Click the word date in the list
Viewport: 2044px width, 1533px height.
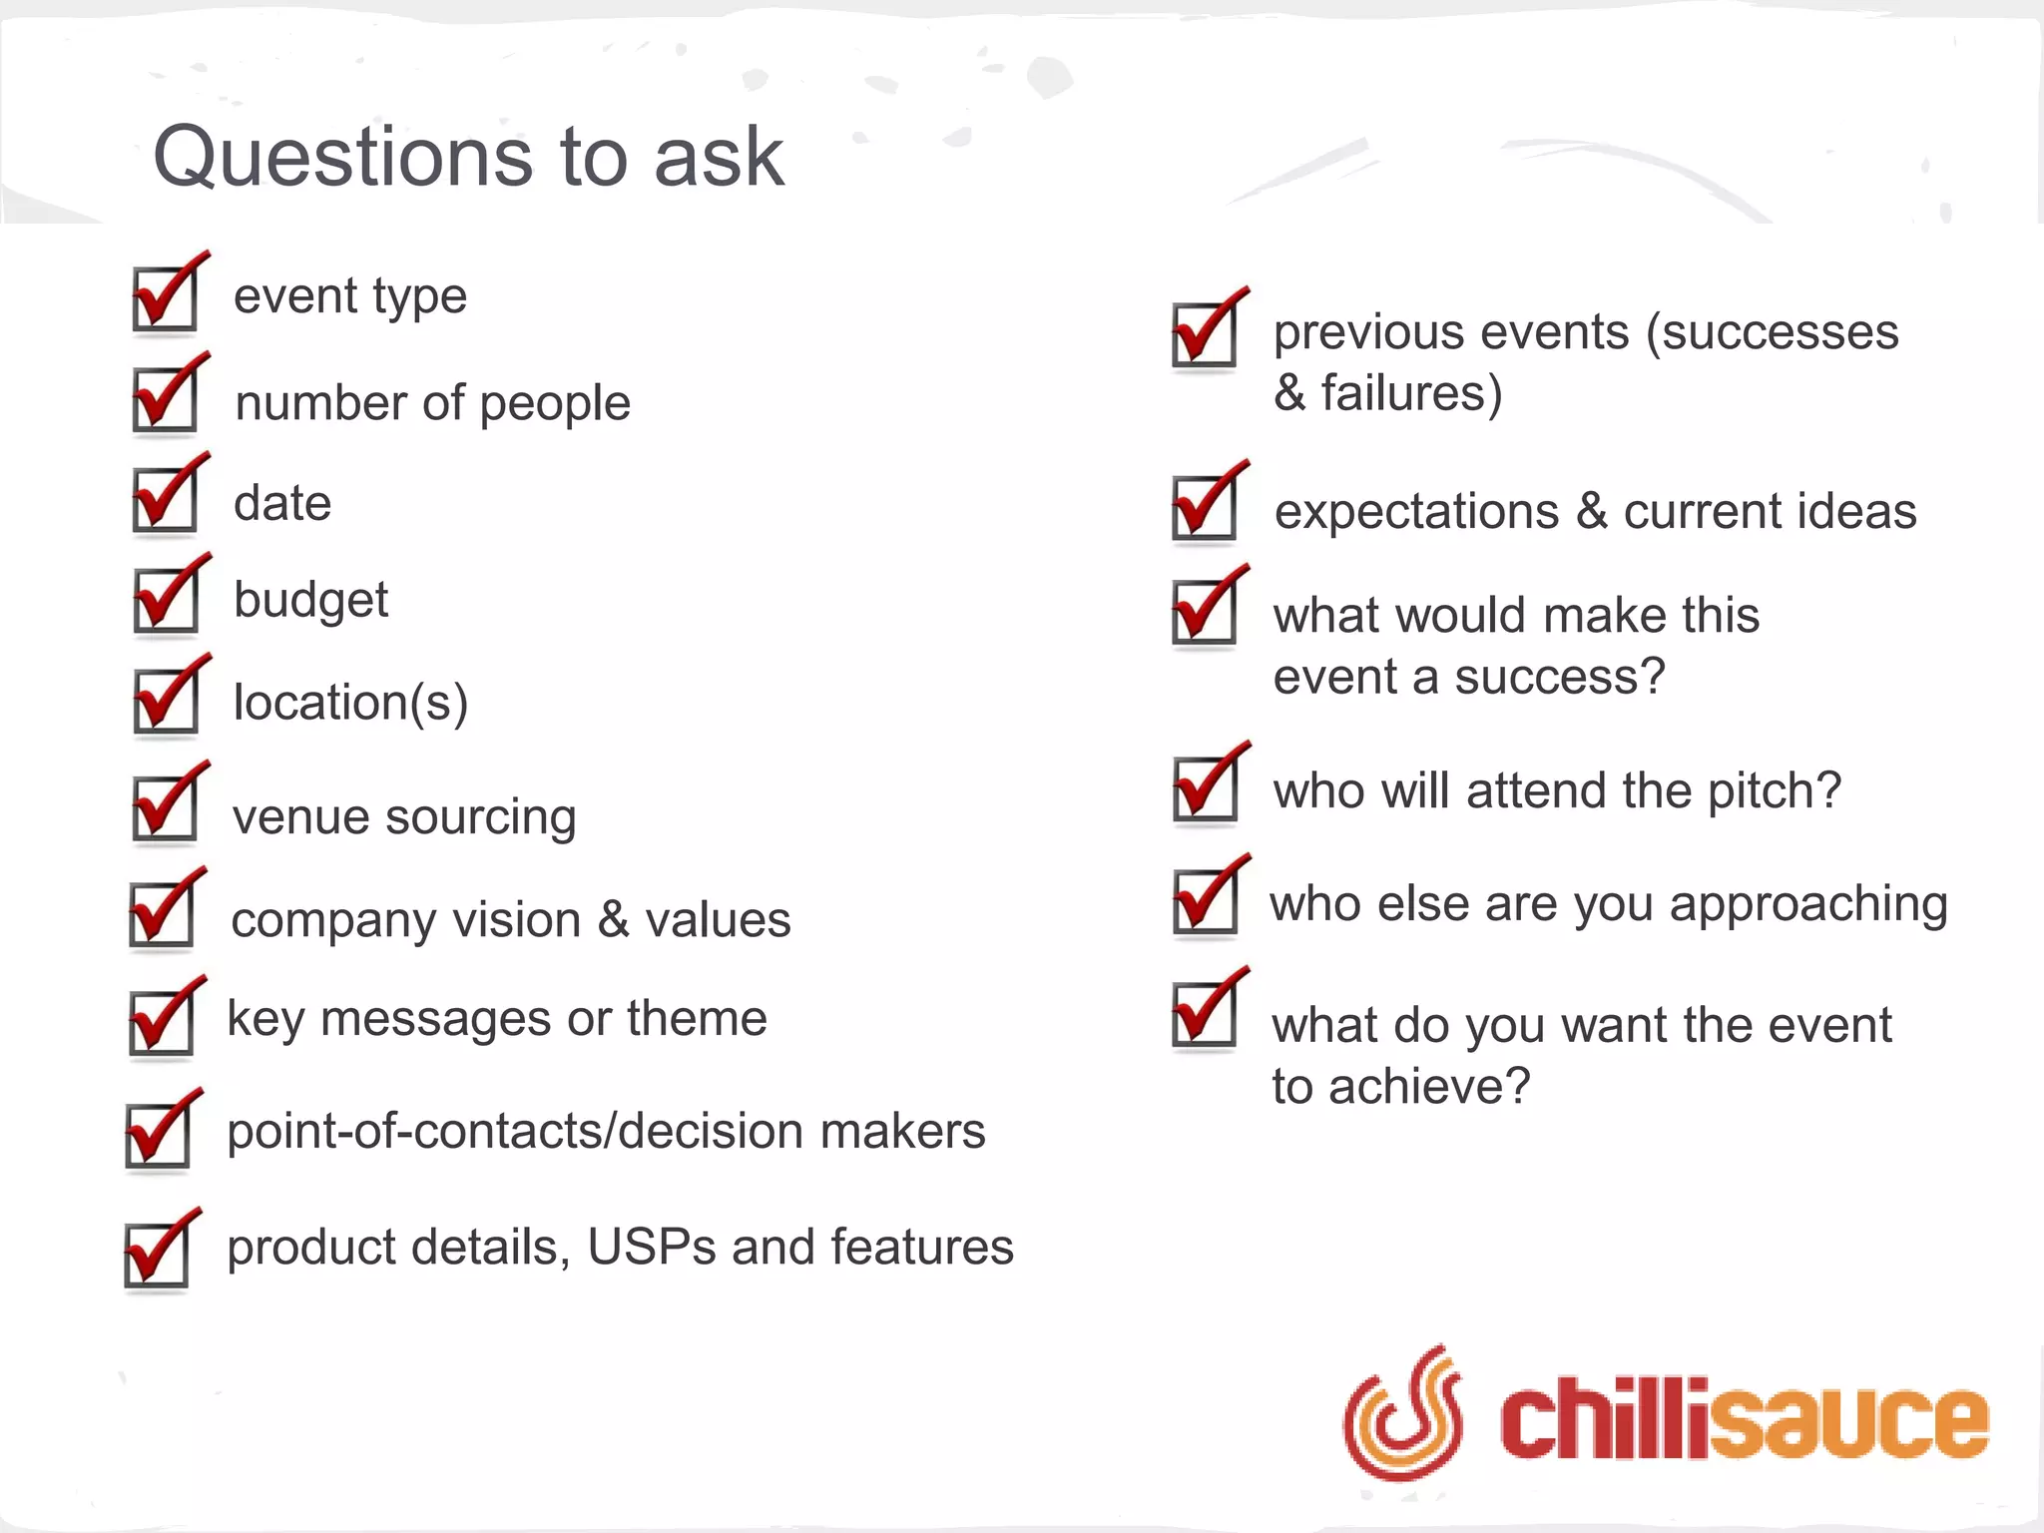coord(282,503)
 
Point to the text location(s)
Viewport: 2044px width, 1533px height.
coord(350,703)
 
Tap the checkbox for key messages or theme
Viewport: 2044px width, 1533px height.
coord(163,1022)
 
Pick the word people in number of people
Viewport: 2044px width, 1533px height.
coord(555,404)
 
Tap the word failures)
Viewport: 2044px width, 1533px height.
coord(1411,393)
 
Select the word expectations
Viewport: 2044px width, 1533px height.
coord(1416,512)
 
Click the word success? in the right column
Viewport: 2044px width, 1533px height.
coord(1560,678)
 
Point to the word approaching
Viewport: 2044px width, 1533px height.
coord(1808,905)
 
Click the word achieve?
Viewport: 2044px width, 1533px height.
coord(1429,1087)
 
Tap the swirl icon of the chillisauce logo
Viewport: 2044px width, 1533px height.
coord(1402,1413)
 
